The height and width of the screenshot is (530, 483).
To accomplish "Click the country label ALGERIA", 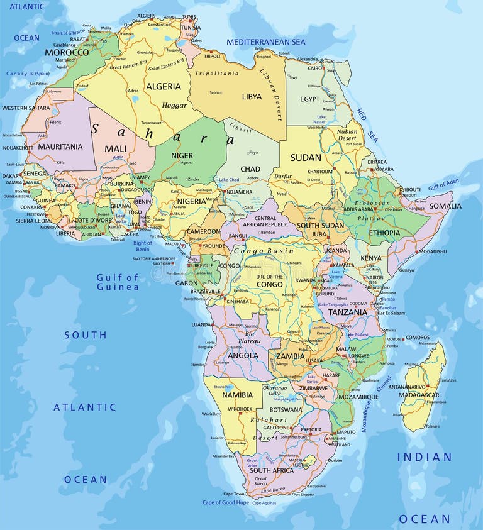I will [163, 87].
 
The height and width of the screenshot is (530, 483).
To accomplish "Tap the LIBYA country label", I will [252, 97].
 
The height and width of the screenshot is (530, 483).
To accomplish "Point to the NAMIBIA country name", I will [237, 395].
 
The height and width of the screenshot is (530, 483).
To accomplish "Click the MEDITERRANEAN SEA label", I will [265, 42].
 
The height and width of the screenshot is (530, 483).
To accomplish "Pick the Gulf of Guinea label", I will [118, 282].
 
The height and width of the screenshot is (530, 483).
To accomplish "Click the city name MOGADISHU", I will [433, 251].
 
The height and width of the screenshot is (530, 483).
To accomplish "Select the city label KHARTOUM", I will [320, 172].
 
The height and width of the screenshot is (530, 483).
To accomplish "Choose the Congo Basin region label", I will [264, 251].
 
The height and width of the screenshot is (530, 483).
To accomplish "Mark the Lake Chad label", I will [228, 180].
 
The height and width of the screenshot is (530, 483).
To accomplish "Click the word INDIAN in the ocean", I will [424, 457].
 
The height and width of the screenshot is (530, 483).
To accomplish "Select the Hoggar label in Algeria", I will [174, 106].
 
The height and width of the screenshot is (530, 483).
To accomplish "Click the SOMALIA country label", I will [446, 206].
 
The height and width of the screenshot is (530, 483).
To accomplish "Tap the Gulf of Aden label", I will [443, 185].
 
